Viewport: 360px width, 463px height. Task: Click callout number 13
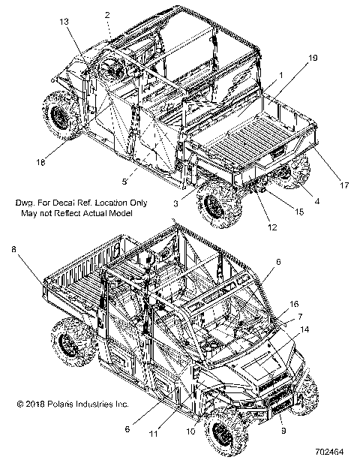click(64, 22)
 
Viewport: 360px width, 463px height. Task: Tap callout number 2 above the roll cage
click(107, 15)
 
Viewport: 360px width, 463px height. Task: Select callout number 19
click(313, 58)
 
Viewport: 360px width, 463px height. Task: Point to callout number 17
click(344, 185)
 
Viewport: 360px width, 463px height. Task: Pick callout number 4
click(317, 201)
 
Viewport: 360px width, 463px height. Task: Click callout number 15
click(299, 212)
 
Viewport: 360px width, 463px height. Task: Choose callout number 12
click(272, 227)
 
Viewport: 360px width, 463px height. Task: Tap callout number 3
click(175, 203)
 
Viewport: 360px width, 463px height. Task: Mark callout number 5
click(124, 182)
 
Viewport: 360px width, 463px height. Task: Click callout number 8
click(13, 250)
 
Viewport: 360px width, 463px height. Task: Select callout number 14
click(304, 329)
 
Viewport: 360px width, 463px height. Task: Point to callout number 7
click(300, 317)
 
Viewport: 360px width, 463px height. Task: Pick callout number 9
click(283, 431)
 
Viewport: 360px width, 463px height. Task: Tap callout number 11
click(154, 434)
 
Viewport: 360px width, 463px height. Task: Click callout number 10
click(191, 431)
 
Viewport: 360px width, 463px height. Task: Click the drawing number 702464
click(329, 452)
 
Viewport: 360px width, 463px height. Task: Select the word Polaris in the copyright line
click(61, 404)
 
